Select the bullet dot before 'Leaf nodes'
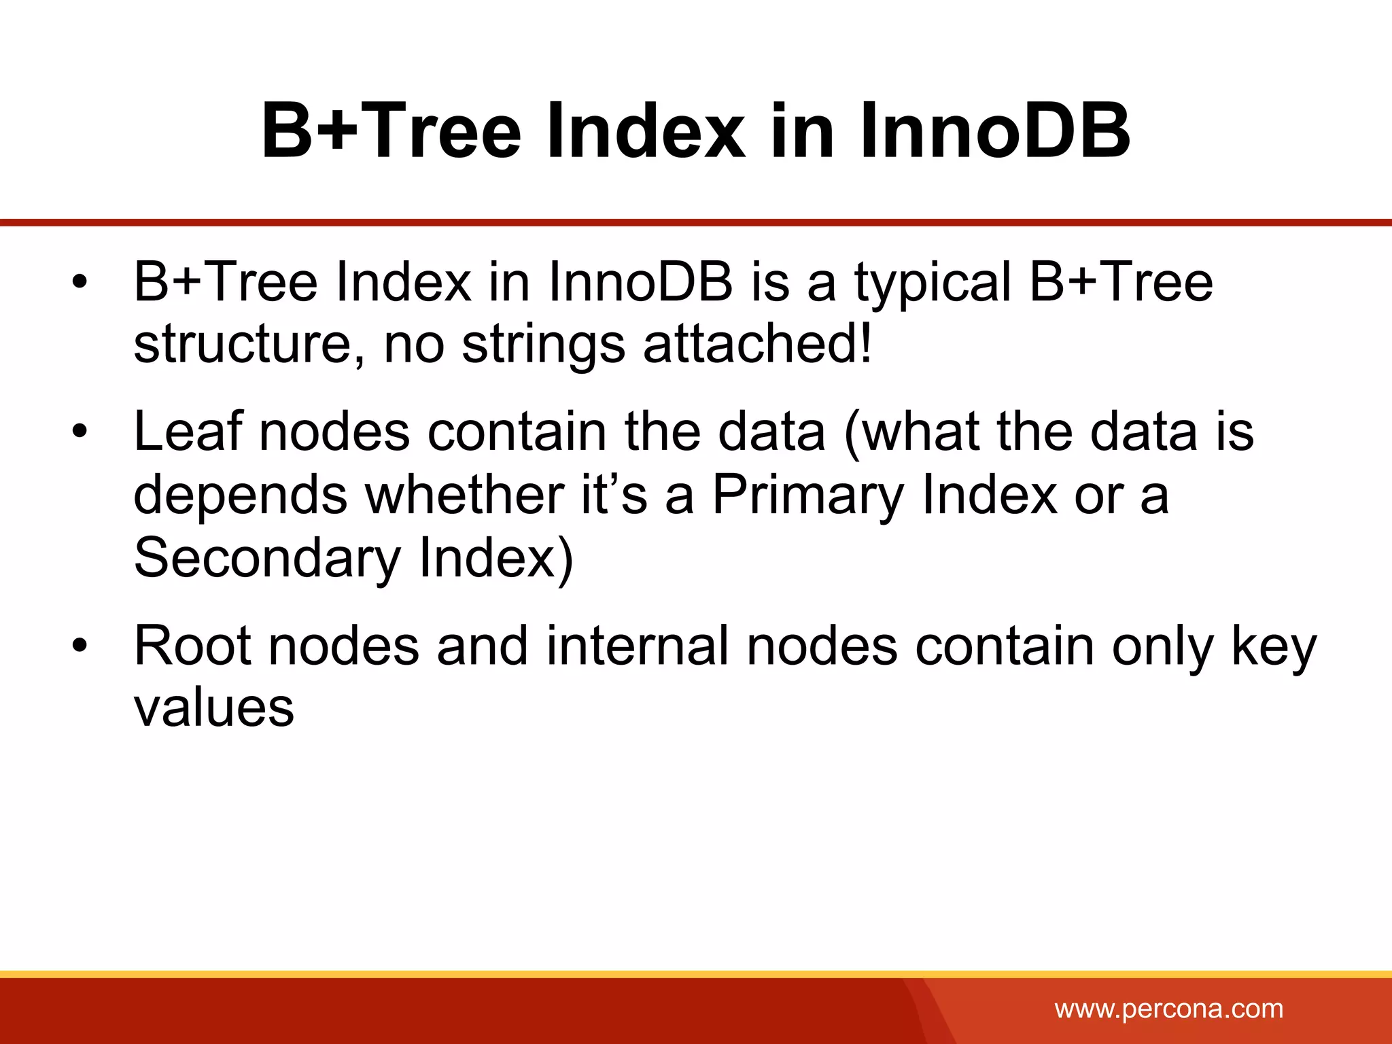80,432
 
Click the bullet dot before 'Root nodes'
80,646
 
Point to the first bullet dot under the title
80,281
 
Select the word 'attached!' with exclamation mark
757,344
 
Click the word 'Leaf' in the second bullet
188,432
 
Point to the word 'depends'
241,495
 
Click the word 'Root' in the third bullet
193,646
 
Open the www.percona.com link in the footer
1168,1009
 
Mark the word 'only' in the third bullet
1162,647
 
